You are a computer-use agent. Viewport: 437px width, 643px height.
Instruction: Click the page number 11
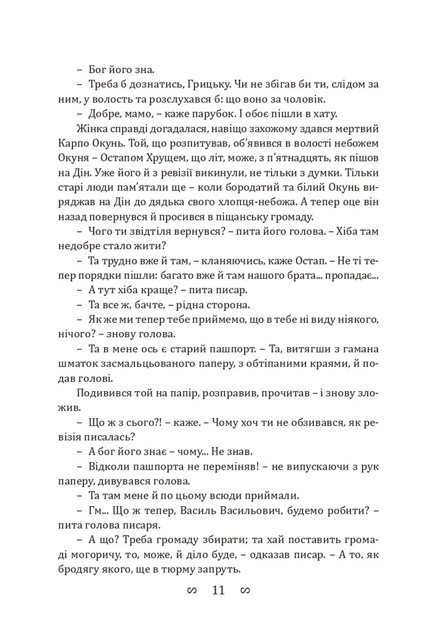(x=218, y=592)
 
